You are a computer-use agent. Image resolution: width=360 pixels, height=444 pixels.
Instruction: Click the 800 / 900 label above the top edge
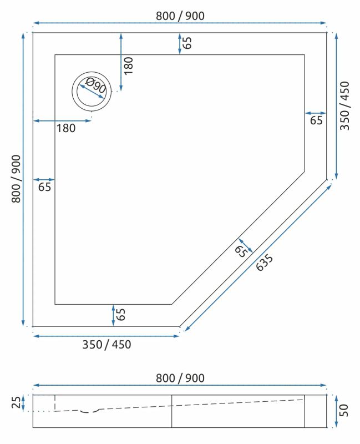(x=180, y=16)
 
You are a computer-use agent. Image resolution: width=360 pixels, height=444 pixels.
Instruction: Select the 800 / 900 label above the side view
(x=180, y=378)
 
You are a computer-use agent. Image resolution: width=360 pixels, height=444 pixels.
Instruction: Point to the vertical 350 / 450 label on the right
(x=345, y=105)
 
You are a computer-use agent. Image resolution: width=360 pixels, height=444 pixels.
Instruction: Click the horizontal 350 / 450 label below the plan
(x=107, y=345)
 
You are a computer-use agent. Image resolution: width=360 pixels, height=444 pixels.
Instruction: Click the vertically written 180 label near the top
(x=129, y=65)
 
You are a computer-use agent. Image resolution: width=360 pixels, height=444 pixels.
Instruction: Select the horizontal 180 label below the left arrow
(x=65, y=129)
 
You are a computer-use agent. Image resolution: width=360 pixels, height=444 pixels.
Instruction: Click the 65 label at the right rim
(x=316, y=120)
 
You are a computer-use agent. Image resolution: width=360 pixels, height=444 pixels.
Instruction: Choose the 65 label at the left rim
(x=45, y=187)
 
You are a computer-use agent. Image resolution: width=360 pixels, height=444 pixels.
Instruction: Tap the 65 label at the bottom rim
(x=121, y=315)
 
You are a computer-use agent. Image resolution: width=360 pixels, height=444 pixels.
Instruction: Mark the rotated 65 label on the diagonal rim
(x=240, y=251)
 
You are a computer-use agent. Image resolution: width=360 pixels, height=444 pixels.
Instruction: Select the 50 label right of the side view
(x=344, y=411)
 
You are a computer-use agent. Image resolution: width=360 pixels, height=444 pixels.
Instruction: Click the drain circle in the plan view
(x=92, y=90)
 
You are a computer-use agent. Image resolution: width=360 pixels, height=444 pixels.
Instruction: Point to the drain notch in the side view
(x=89, y=411)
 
